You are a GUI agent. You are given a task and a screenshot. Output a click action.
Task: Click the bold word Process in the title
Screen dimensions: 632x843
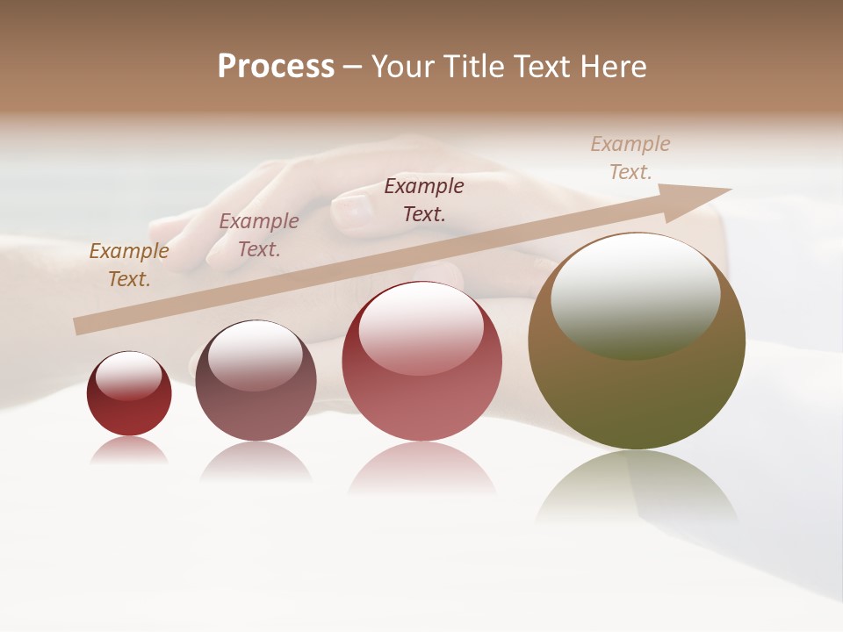276,67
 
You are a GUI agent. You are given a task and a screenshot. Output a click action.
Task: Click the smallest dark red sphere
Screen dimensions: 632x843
129,404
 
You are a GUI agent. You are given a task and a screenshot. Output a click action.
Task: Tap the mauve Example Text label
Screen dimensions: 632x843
259,235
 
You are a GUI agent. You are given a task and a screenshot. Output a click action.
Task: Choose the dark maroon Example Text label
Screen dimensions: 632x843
424,199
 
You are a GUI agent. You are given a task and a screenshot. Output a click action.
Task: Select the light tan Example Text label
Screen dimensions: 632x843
630,158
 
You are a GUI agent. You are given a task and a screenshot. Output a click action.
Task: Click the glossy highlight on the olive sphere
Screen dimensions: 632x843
636,294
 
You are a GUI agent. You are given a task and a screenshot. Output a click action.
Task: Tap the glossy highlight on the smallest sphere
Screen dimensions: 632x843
129,376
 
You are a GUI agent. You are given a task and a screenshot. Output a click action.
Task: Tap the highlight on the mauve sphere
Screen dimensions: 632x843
256,355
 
